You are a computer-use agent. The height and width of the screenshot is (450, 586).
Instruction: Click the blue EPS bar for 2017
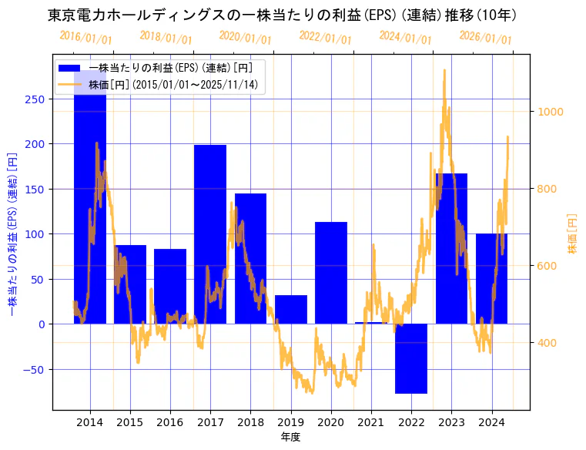click(210, 231)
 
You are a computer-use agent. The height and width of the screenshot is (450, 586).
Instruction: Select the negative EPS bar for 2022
click(411, 358)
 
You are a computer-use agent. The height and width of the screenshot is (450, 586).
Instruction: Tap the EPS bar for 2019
click(291, 309)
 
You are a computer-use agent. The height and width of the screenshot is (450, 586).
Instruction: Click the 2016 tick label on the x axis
click(169, 421)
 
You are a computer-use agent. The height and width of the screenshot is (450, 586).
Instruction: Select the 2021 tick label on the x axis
click(371, 421)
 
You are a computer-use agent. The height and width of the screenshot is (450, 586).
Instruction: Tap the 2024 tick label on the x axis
click(491, 421)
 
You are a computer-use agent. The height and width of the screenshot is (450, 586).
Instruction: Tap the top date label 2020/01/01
click(245, 38)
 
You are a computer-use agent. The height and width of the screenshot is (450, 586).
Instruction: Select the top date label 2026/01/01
click(485, 38)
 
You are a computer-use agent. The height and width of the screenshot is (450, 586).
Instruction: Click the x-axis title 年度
click(290, 437)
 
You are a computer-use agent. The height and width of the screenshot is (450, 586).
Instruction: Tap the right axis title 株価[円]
click(572, 234)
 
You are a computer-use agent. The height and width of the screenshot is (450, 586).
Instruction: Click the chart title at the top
click(282, 15)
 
